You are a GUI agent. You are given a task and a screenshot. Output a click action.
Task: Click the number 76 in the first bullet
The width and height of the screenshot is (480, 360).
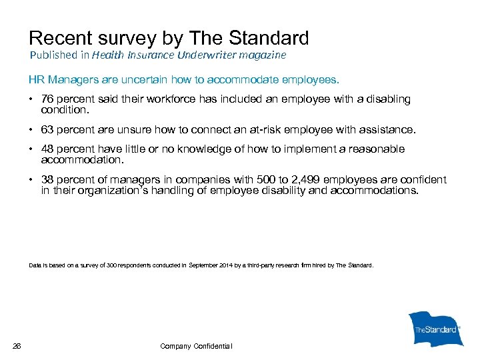[x=48, y=99]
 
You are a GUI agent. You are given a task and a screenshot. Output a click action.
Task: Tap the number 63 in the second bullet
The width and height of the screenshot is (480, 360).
[x=48, y=129]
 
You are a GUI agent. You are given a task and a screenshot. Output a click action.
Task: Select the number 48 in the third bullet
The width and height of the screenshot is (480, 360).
[x=48, y=149]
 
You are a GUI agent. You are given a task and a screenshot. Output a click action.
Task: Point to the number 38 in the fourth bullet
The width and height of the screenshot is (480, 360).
[x=48, y=180]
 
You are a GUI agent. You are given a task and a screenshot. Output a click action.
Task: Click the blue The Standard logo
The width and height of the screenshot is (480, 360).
[x=435, y=329]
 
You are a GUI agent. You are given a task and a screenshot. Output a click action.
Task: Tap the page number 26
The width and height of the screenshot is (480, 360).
[x=17, y=345]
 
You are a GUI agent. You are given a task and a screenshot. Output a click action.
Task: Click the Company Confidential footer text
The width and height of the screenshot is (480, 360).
[x=196, y=346]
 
